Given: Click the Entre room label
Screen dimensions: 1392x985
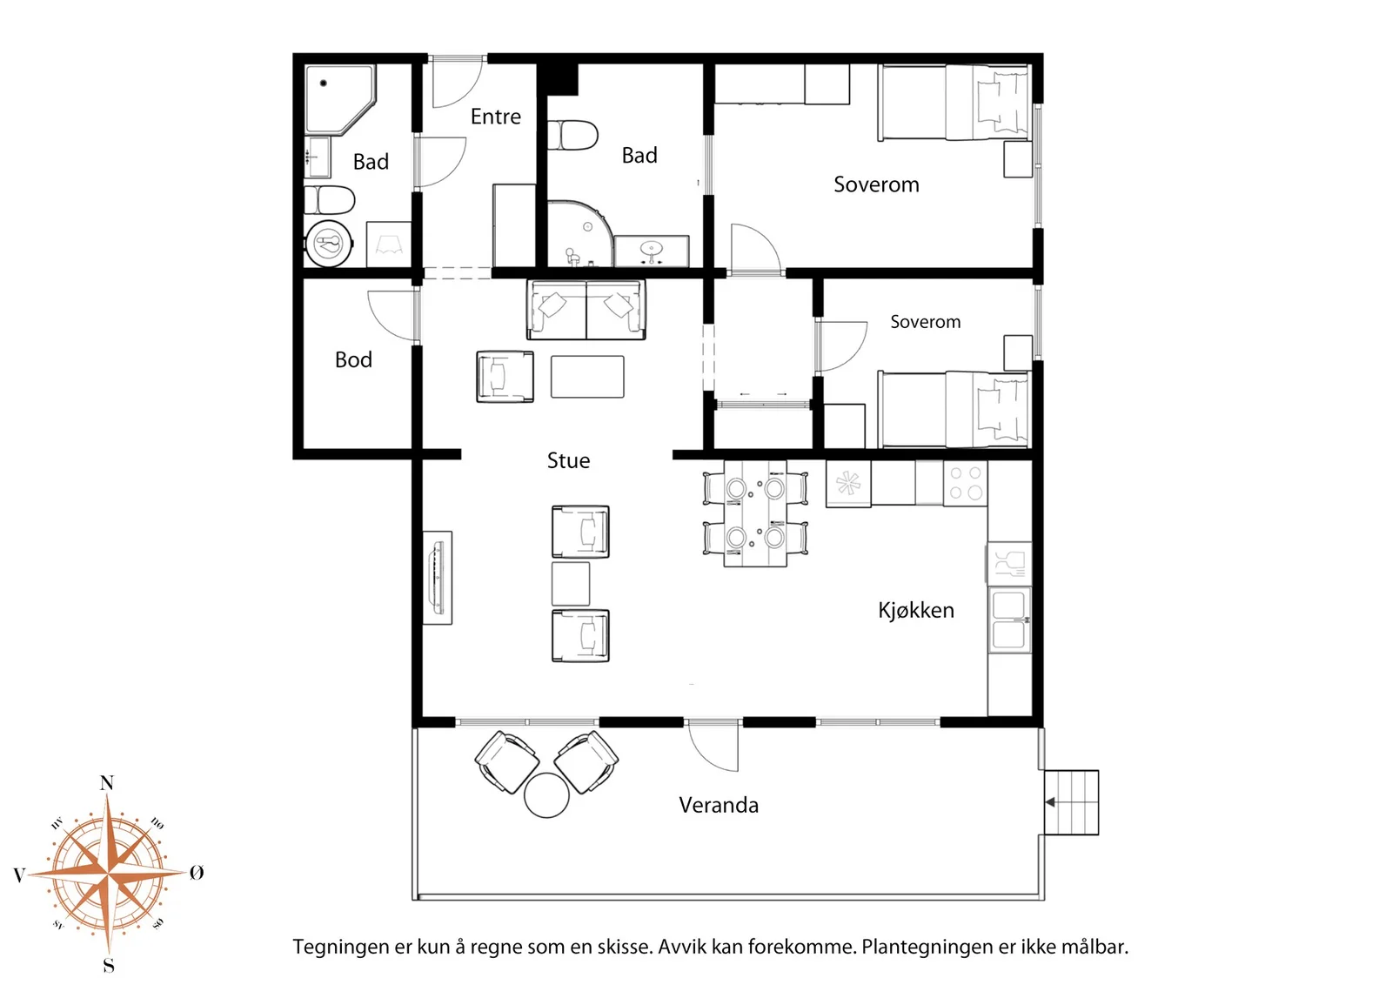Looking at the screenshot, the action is pos(495,117).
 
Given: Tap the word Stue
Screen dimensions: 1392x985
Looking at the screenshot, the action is pos(568,460).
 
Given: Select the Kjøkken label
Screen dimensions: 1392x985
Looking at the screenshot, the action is pos(915,610).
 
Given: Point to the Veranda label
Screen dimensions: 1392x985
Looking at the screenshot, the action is pos(719,806).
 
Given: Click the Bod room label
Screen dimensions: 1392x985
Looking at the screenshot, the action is pos(353,360).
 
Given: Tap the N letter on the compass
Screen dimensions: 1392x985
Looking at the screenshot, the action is pos(107,783).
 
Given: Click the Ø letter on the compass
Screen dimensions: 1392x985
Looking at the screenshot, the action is pos(197,873).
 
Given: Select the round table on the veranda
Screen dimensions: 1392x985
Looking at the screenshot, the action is pos(546,795).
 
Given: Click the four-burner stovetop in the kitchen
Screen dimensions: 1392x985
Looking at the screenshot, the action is pos(965,483).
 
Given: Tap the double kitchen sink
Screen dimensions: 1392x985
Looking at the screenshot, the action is pos(1009,620).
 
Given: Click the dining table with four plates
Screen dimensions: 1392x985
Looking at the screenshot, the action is pos(755,513).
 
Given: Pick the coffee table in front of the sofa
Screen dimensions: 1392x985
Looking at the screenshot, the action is pos(587,377).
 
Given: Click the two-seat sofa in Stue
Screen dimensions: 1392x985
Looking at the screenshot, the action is pos(586,310).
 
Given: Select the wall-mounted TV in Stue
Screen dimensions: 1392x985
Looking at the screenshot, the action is pos(438,578).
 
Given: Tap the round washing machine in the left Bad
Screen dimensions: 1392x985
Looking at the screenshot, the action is pos(329,244).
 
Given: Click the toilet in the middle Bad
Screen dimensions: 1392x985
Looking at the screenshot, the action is pos(572,136).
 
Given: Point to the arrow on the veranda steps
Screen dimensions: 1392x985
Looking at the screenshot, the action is pos(1049,802).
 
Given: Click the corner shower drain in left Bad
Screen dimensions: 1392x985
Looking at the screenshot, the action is pos(323,83).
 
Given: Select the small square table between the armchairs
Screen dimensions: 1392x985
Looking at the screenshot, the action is pos(571,584).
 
